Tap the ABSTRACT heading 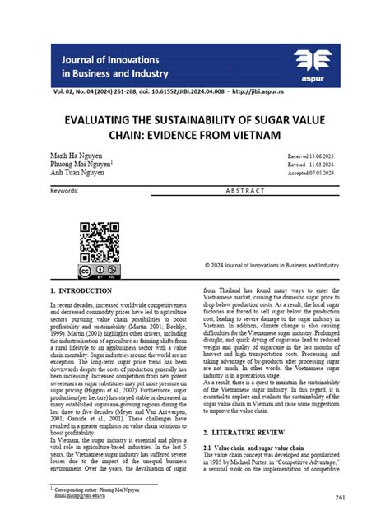[x=246, y=191]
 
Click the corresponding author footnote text [x=95, y=491]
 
